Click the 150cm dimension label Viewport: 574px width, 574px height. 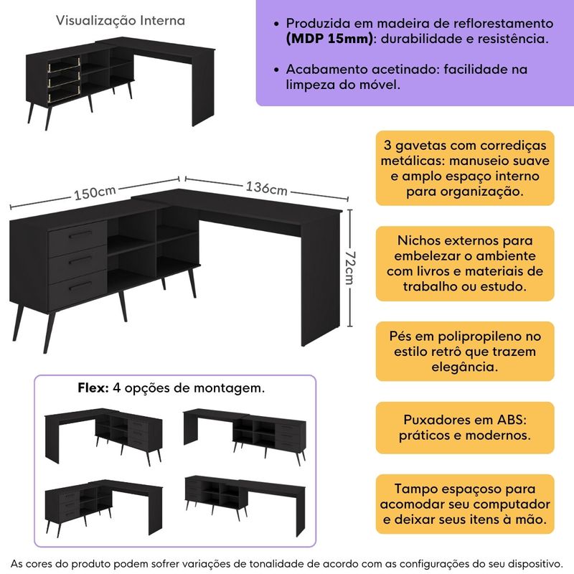click(94, 193)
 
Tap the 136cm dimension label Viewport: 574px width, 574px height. click(267, 189)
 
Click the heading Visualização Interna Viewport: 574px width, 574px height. click(120, 21)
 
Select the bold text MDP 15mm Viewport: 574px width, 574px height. click(329, 39)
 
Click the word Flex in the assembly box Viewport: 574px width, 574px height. click(93, 388)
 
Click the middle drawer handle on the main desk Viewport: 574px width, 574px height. click(80, 259)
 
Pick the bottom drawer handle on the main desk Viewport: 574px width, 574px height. click(80, 284)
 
